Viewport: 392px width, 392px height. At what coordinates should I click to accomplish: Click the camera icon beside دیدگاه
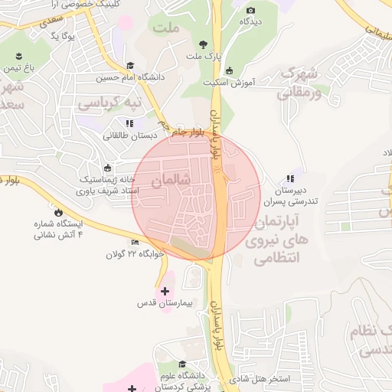tap(251, 10)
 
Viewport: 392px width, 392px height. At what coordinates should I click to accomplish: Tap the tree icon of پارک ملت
tap(203, 44)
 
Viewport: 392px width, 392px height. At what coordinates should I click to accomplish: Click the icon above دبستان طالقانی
tap(128, 122)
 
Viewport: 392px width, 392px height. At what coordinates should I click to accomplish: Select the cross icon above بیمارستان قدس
tap(165, 291)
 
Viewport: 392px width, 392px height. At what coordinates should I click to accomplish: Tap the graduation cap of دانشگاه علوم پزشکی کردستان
tap(182, 364)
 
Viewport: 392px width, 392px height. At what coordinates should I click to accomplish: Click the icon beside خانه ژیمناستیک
tap(106, 168)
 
